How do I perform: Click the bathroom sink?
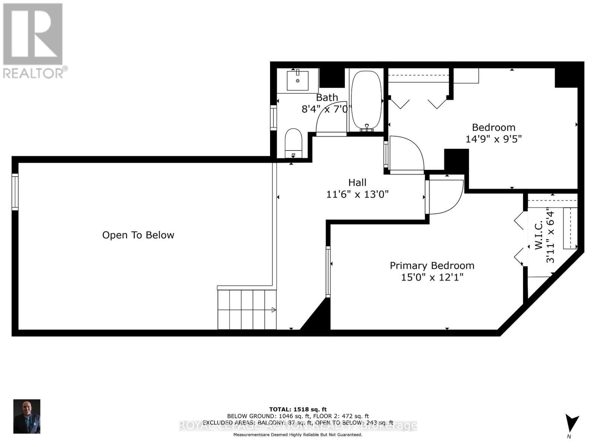tap(297, 80)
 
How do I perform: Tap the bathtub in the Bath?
tap(367, 100)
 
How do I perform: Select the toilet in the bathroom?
tap(293, 142)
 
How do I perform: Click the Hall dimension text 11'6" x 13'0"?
tap(357, 194)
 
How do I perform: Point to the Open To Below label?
tap(138, 235)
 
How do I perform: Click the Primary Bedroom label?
tap(432, 266)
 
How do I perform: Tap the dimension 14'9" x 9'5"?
tap(493, 139)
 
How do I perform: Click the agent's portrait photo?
tap(27, 416)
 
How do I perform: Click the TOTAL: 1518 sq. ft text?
tap(298, 409)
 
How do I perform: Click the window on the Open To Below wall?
tap(15, 192)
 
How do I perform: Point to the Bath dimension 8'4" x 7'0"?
tap(326, 109)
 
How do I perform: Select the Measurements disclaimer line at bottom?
tap(298, 435)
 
